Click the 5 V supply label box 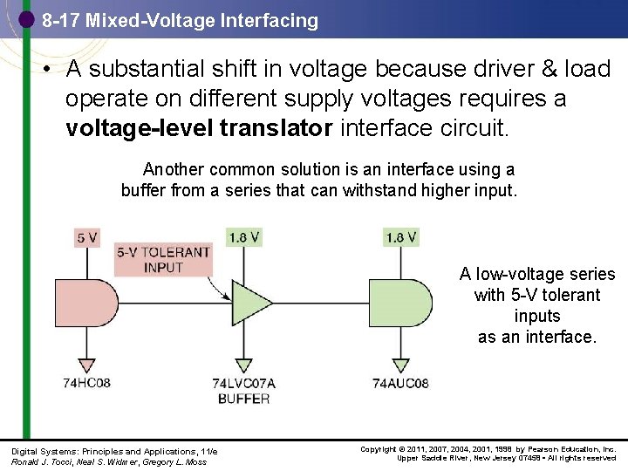coord(87,237)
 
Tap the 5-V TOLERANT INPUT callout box coord(164,260)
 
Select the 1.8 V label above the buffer coord(243,237)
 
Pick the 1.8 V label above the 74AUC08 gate coord(400,237)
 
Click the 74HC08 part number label coord(86,383)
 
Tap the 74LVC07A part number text coord(243,383)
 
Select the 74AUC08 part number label coord(400,383)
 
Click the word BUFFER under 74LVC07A coord(243,398)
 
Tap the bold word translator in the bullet coord(276,130)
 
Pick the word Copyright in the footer coord(379,449)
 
